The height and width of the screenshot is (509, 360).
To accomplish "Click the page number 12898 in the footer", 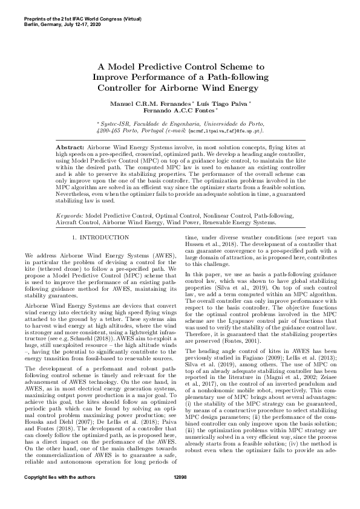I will tap(180, 494).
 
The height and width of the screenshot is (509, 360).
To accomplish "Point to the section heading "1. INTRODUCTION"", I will tap(100, 238).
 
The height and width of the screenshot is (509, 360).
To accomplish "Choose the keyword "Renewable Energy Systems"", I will tap(244, 222).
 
